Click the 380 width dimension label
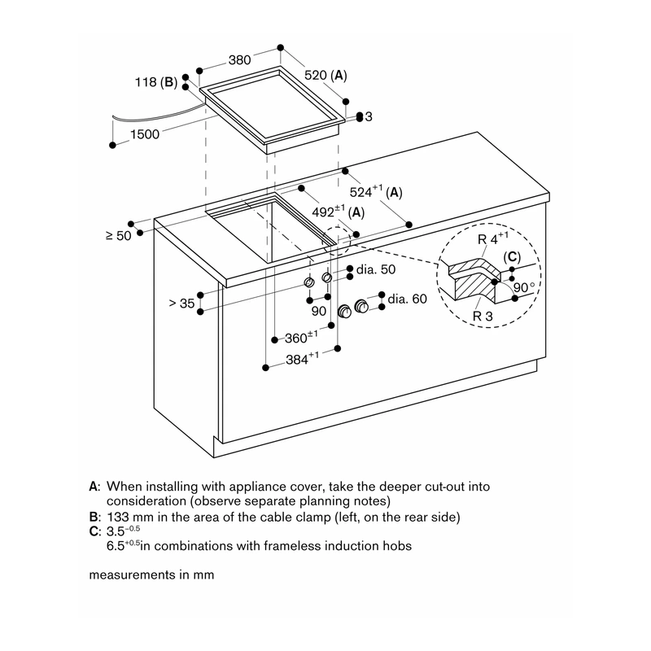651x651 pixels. pyautogui.click(x=239, y=59)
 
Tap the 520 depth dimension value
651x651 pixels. pyautogui.click(x=316, y=75)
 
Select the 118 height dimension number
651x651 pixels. pyautogui.click(x=146, y=82)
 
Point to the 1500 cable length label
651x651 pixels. pyautogui.click(x=145, y=134)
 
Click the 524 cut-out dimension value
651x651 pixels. pyautogui.click(x=360, y=192)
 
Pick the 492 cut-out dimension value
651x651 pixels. pyautogui.click(x=323, y=212)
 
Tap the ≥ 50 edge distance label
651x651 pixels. pyautogui.click(x=119, y=236)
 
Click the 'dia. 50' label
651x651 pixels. pyautogui.click(x=376, y=269)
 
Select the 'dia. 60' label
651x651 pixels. pyautogui.click(x=407, y=299)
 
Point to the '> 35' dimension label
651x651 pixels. pyautogui.click(x=181, y=304)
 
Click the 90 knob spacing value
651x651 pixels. pyautogui.click(x=319, y=311)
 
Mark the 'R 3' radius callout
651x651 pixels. pyautogui.click(x=483, y=317)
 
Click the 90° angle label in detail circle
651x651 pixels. pyautogui.click(x=524, y=287)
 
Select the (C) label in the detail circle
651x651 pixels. pyautogui.click(x=512, y=257)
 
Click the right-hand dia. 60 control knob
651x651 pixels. pyautogui.click(x=361, y=307)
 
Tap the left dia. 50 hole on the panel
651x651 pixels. pyautogui.click(x=309, y=282)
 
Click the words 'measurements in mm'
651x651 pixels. pyautogui.click(x=151, y=575)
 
